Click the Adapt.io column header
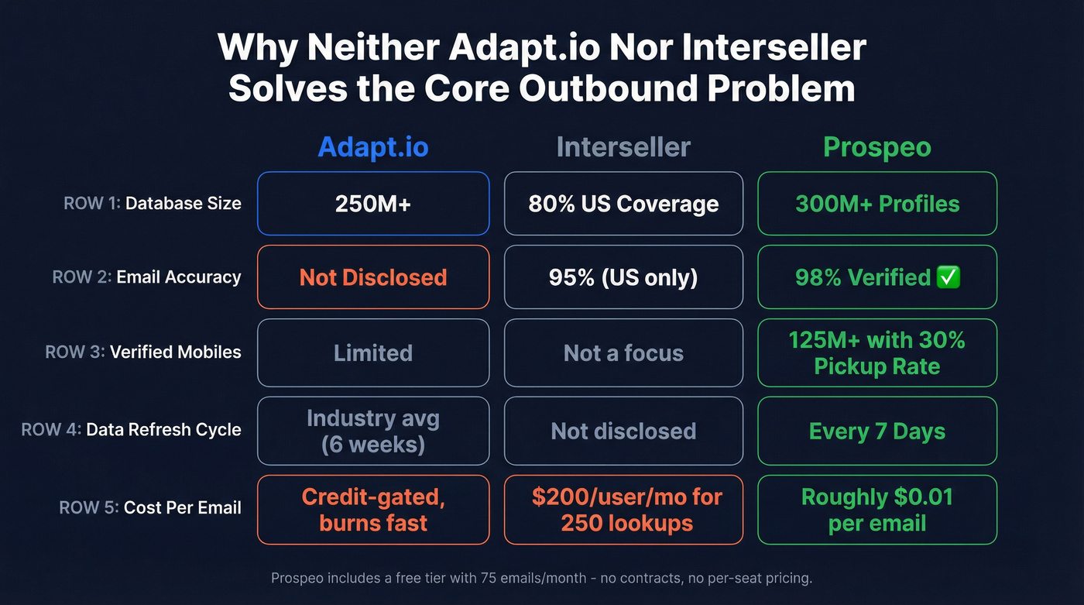pos(372,147)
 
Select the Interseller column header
pos(623,147)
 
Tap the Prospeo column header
pos(876,147)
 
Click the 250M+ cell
pos(373,204)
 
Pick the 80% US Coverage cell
pos(623,204)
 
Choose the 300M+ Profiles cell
pos(877,204)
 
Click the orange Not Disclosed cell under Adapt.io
pos(373,277)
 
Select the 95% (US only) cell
pos(623,277)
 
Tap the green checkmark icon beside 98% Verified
pos(948,277)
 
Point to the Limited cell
pos(373,353)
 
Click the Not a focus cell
pos(623,353)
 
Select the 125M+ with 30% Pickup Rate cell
pos(877,352)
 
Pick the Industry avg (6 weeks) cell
pos(373,431)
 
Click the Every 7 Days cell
pos(877,431)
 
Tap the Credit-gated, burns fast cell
pos(373,510)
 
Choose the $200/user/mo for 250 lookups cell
pos(623,510)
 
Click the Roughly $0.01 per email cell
pos(877,510)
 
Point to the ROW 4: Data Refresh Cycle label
pos(131,430)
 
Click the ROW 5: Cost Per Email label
pos(150,508)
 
